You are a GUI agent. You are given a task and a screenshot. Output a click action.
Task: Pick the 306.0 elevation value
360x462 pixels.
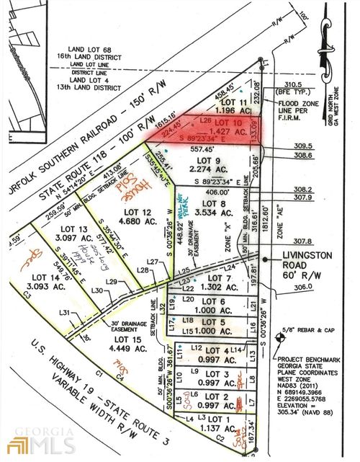[x=305, y=288]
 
